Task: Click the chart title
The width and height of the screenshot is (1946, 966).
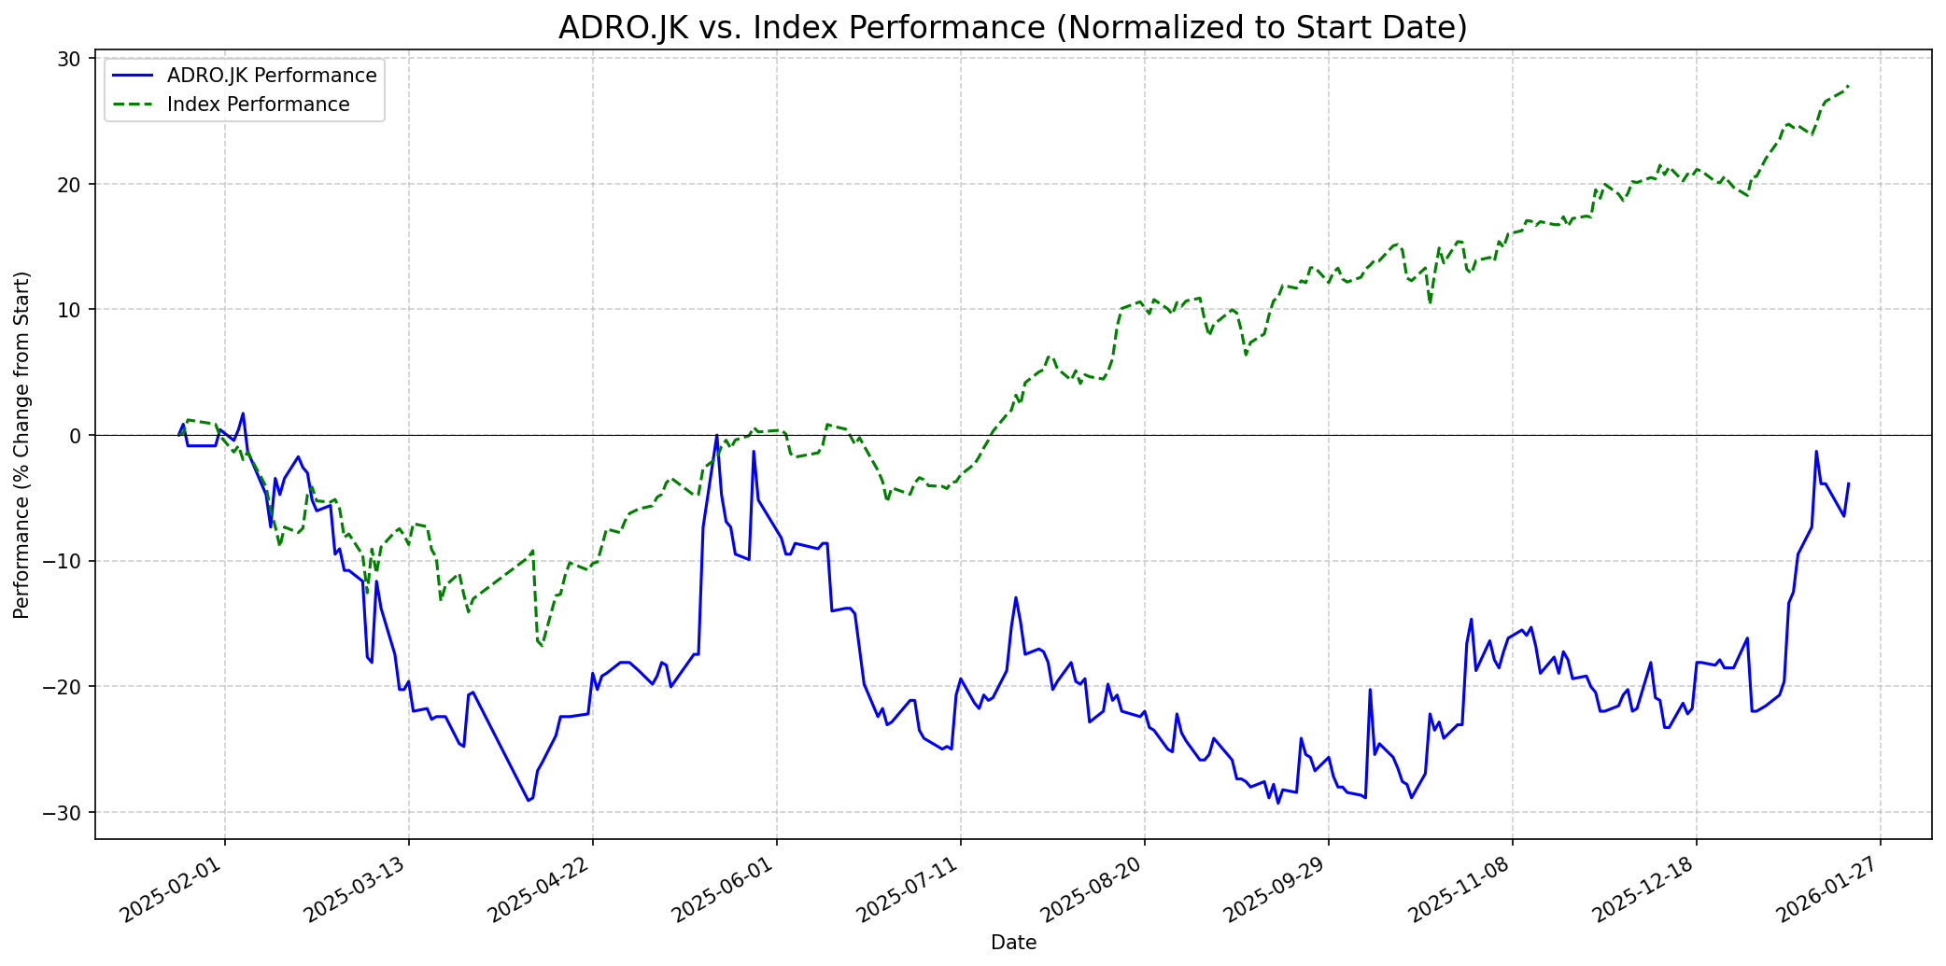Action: tap(1012, 28)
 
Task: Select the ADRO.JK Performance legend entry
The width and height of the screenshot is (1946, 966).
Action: tap(271, 76)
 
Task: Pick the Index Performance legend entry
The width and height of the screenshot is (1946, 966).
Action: tap(258, 105)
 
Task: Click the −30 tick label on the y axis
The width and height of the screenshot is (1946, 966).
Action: tap(65, 813)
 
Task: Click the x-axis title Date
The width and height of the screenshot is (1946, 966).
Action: tap(1013, 943)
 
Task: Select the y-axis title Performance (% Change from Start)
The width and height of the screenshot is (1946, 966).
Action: tap(22, 444)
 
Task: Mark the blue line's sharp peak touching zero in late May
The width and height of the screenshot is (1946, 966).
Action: tap(716, 436)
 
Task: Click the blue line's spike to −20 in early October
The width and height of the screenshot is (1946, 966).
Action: tap(1370, 690)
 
